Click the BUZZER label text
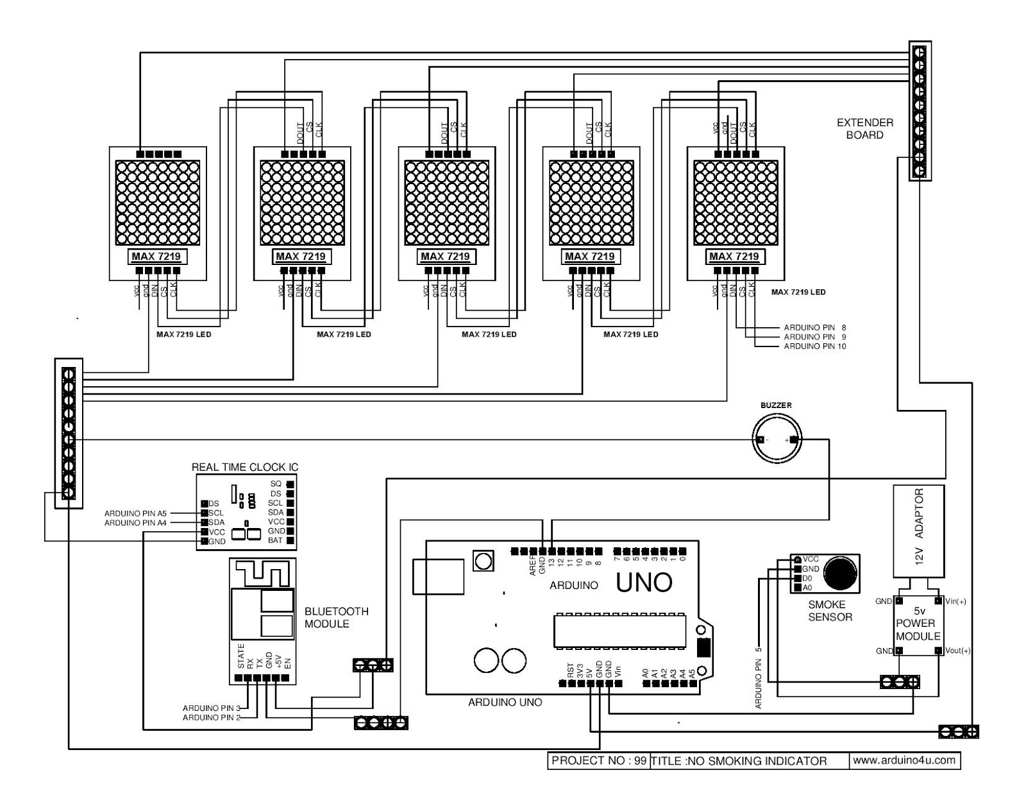point(776,405)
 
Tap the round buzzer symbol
point(777,439)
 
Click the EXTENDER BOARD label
point(864,128)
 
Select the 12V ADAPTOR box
point(918,531)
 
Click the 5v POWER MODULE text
point(918,623)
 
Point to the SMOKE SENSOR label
point(830,610)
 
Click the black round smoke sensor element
point(841,572)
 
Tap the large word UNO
point(644,583)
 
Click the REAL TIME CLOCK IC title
point(245,467)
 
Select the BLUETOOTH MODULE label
point(336,617)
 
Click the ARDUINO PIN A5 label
point(135,513)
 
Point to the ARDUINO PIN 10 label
point(814,346)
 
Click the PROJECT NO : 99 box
point(598,761)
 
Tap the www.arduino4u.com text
point(905,760)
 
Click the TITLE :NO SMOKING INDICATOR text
point(739,761)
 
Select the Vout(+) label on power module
point(958,651)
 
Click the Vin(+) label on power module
point(955,601)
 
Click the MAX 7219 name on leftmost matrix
point(157,257)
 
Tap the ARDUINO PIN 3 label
point(211,708)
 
